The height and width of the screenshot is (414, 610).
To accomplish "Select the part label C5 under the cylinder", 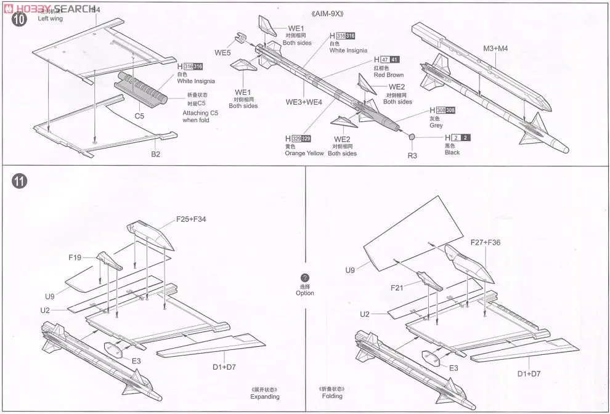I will pyautogui.click(x=139, y=115).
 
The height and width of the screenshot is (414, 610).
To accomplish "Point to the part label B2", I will pyautogui.click(x=155, y=154).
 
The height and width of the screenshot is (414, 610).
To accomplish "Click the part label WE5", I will pyautogui.click(x=222, y=52).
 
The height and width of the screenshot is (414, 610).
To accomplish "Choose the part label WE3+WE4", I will pyautogui.click(x=304, y=102).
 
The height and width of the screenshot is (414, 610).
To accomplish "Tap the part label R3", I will pyautogui.click(x=412, y=155).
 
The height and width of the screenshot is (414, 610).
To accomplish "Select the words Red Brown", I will pyautogui.click(x=388, y=75).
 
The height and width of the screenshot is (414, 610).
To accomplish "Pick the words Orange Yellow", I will pyautogui.click(x=304, y=153).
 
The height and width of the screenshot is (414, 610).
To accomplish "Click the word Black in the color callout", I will pyautogui.click(x=452, y=152).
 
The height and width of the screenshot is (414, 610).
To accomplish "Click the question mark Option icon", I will pyautogui.click(x=304, y=278).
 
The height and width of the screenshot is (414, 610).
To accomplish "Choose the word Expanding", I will pyautogui.click(x=264, y=397).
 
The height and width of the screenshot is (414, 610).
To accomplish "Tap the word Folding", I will pyautogui.click(x=331, y=397).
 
